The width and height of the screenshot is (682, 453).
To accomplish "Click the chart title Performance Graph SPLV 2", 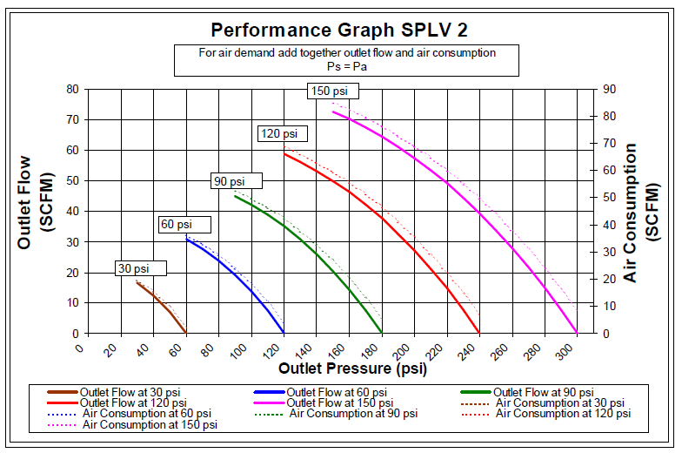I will [339, 30].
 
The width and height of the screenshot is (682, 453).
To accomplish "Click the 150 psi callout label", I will [331, 91].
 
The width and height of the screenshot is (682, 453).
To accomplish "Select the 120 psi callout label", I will [282, 133].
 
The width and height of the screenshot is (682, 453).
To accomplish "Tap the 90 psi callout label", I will [236, 181].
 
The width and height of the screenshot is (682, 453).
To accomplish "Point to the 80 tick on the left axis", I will [72, 89].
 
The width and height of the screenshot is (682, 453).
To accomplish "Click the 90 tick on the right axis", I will [610, 89].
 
